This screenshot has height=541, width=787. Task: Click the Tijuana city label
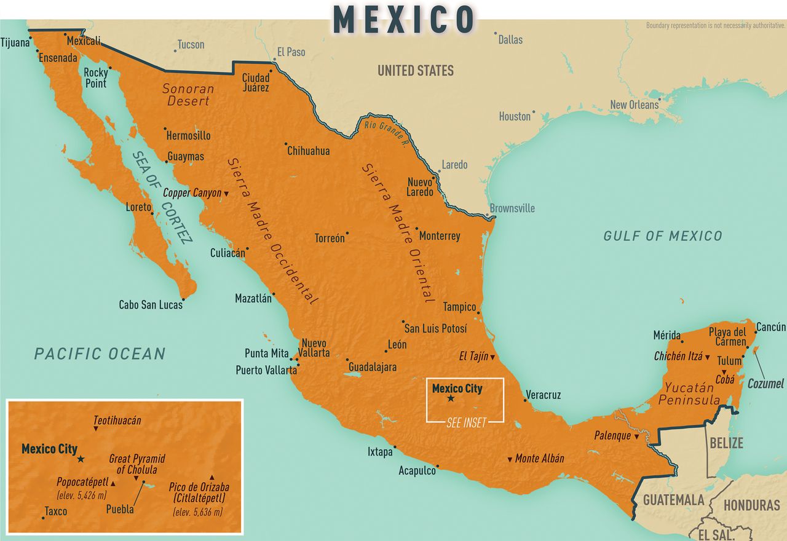tap(15, 43)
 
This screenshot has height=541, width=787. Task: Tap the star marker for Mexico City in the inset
tap(81, 459)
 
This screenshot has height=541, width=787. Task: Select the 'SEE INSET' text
tap(465, 422)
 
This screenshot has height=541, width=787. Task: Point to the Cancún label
tap(770, 327)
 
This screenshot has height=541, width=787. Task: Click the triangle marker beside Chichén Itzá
tap(708, 357)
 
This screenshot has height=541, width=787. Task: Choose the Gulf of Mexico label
tap(662, 235)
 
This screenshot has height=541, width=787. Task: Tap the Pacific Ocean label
tap(100, 353)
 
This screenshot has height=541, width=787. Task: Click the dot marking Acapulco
tap(437, 466)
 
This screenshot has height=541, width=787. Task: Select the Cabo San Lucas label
tap(151, 304)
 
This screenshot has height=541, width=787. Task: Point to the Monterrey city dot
tap(416, 229)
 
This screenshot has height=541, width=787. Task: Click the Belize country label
tap(726, 443)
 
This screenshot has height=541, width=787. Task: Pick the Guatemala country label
tap(673, 500)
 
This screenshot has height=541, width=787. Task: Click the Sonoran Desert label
tap(188, 95)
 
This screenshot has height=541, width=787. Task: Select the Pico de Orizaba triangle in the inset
tap(212, 477)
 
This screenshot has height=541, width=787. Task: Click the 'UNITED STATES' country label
tap(416, 71)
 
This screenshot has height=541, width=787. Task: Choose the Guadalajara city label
tap(373, 367)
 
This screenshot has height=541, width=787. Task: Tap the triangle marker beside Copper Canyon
tap(226, 194)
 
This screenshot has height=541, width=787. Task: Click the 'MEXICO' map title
tap(404, 19)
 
